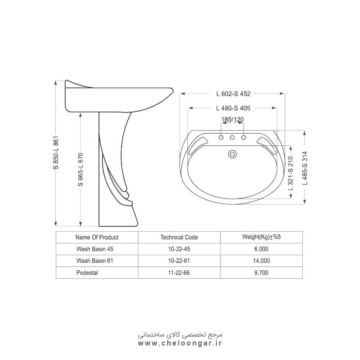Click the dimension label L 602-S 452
233,94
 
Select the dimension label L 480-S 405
233,108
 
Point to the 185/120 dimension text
232,119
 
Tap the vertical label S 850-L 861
56,153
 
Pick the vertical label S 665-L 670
81,170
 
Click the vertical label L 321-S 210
290,173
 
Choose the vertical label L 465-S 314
305,168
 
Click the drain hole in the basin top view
232,154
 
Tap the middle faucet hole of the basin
232,138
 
